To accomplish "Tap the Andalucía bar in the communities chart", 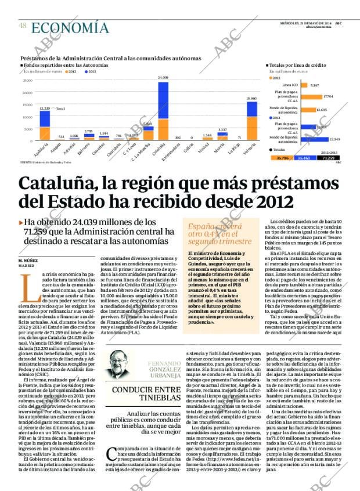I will [x=44, y=126].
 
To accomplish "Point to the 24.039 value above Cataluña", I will [x=163, y=77].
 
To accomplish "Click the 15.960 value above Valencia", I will [x=251, y=99].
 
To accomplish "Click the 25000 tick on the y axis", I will [x=28, y=81].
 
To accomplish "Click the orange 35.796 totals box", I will [x=282, y=158].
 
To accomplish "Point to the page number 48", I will [x=22, y=26].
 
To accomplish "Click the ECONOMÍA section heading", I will [x=70, y=27].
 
